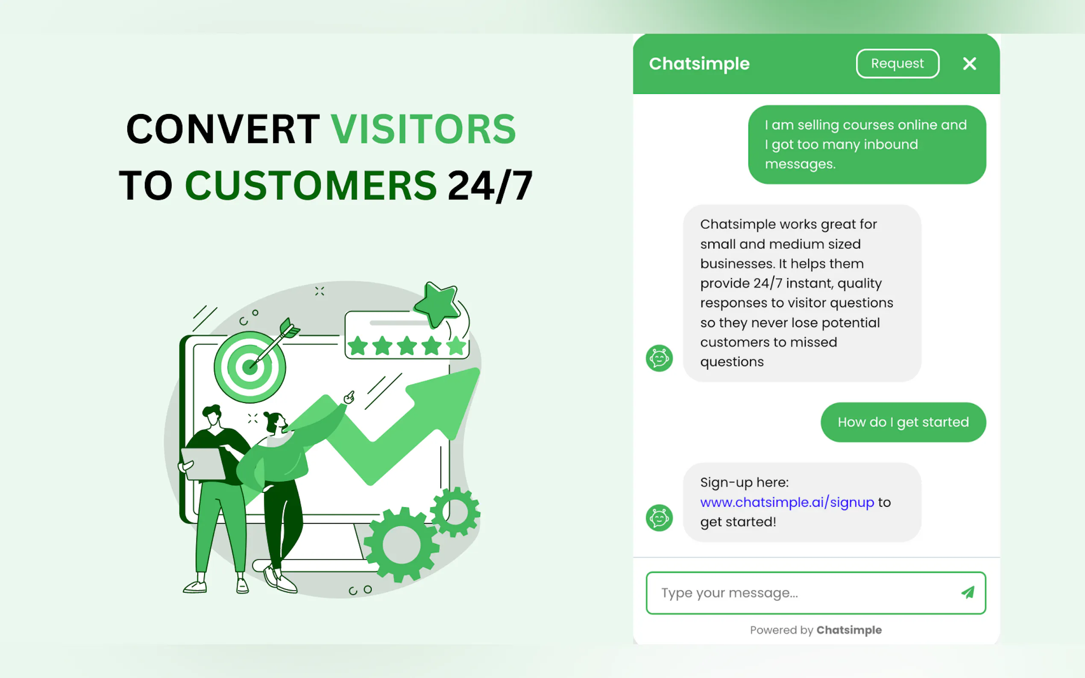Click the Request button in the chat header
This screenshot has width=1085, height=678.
point(897,63)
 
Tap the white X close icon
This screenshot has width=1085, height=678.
point(969,64)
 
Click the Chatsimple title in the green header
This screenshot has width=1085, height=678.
point(699,64)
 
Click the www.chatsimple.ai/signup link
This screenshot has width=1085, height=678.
point(787,502)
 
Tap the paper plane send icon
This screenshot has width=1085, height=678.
point(968,592)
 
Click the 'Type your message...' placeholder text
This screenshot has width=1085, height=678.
point(729,593)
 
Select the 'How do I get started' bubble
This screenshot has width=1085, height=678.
point(903,422)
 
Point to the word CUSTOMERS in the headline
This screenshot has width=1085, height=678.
point(311,185)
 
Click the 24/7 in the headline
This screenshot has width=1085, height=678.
point(490,186)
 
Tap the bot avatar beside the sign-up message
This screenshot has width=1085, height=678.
point(659,518)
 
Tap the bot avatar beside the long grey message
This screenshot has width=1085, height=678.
point(659,358)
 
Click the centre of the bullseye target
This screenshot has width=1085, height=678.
point(249,367)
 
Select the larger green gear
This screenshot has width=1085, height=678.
point(402,544)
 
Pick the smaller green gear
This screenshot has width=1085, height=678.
point(455,511)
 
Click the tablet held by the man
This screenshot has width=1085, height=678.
point(203,463)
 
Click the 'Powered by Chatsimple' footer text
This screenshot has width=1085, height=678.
point(815,630)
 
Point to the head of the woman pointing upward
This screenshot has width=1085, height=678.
point(275,422)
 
